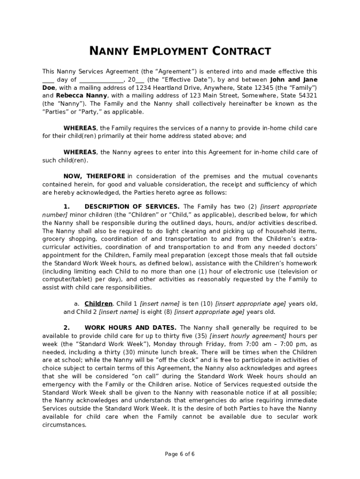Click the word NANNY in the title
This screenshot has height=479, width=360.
pyautogui.click(x=108, y=51)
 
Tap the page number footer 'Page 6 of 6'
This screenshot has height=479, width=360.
pyautogui.click(x=180, y=454)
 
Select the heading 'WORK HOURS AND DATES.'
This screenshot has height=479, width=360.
pyautogui.click(x=130, y=327)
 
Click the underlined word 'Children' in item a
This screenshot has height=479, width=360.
pyautogui.click(x=99, y=304)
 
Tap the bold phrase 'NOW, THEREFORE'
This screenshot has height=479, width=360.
pyautogui.click(x=94, y=176)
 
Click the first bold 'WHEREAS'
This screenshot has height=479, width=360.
pyautogui.click(x=80, y=128)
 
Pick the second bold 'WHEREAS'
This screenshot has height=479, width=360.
pyautogui.click(x=80, y=152)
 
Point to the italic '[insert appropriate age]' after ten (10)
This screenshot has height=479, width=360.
pyautogui.click(x=250, y=304)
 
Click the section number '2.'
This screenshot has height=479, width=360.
pyautogui.click(x=66, y=327)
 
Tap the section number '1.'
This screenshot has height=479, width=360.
pyautogui.click(x=66, y=206)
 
